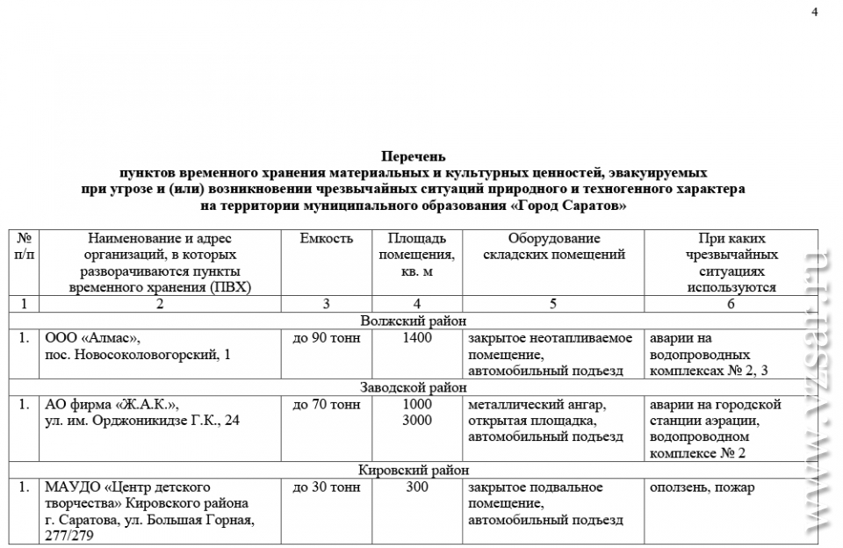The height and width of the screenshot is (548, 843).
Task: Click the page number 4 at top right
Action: point(815,12)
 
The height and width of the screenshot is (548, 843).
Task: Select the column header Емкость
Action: point(326,239)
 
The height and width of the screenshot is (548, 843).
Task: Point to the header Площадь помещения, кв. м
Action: point(417,255)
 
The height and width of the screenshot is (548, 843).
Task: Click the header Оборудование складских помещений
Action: point(553,247)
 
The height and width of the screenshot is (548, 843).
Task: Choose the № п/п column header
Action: point(24,247)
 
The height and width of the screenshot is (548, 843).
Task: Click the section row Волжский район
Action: point(413,321)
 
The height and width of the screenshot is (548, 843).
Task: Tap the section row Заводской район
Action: point(413,386)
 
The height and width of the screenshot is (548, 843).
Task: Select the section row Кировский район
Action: point(413,470)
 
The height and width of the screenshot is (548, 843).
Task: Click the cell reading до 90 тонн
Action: point(326,338)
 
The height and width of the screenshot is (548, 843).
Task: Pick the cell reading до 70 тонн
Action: point(326,404)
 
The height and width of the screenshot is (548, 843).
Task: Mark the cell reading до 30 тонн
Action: point(326,487)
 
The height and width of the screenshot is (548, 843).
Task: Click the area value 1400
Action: point(417,338)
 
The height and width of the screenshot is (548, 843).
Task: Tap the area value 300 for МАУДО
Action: point(417,487)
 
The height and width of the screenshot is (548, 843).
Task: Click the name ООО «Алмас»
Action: point(91,338)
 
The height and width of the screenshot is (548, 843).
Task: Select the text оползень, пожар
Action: point(701,487)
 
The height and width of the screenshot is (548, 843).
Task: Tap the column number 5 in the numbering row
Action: point(553,304)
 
